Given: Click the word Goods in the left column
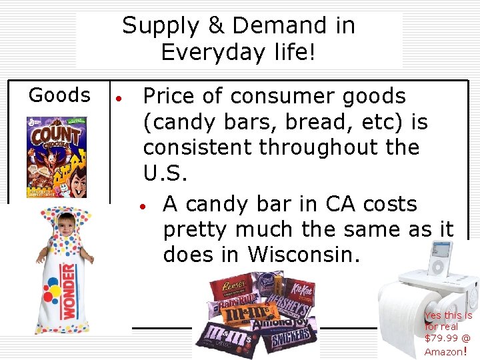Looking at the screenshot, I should [59, 95].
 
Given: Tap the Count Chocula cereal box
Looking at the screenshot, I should [57, 157].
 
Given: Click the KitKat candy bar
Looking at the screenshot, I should [299, 289].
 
